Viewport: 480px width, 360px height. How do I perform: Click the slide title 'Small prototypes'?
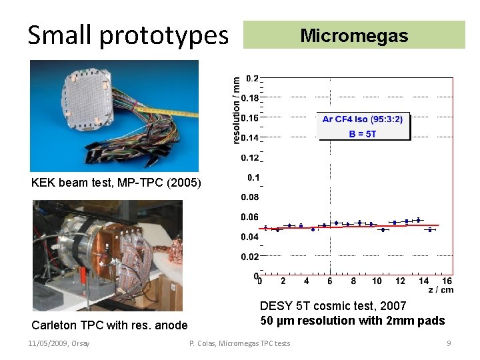click(127, 35)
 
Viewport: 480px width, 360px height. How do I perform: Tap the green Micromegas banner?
click(354, 35)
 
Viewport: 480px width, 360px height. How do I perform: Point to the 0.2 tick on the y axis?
click(253, 79)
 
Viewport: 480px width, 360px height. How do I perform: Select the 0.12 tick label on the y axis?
click(250, 158)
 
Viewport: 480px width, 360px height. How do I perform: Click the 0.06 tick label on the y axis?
click(250, 217)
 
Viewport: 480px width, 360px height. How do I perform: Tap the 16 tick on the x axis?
click(447, 281)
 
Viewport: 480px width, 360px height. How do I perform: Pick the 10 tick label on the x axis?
click(377, 281)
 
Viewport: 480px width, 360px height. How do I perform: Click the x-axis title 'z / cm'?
click(440, 290)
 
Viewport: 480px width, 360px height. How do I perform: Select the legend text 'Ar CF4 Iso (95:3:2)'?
click(363, 119)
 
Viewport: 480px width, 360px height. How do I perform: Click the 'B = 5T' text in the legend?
click(363, 133)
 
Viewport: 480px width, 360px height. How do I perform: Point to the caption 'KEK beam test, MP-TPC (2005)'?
click(116, 183)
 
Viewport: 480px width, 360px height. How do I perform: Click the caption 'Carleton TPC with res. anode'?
click(110, 325)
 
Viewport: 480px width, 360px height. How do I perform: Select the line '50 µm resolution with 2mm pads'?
click(352, 321)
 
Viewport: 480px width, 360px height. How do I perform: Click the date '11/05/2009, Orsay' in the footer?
click(59, 343)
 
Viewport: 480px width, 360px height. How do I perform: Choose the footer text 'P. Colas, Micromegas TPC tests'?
click(240, 343)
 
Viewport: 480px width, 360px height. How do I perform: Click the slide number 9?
click(449, 343)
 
